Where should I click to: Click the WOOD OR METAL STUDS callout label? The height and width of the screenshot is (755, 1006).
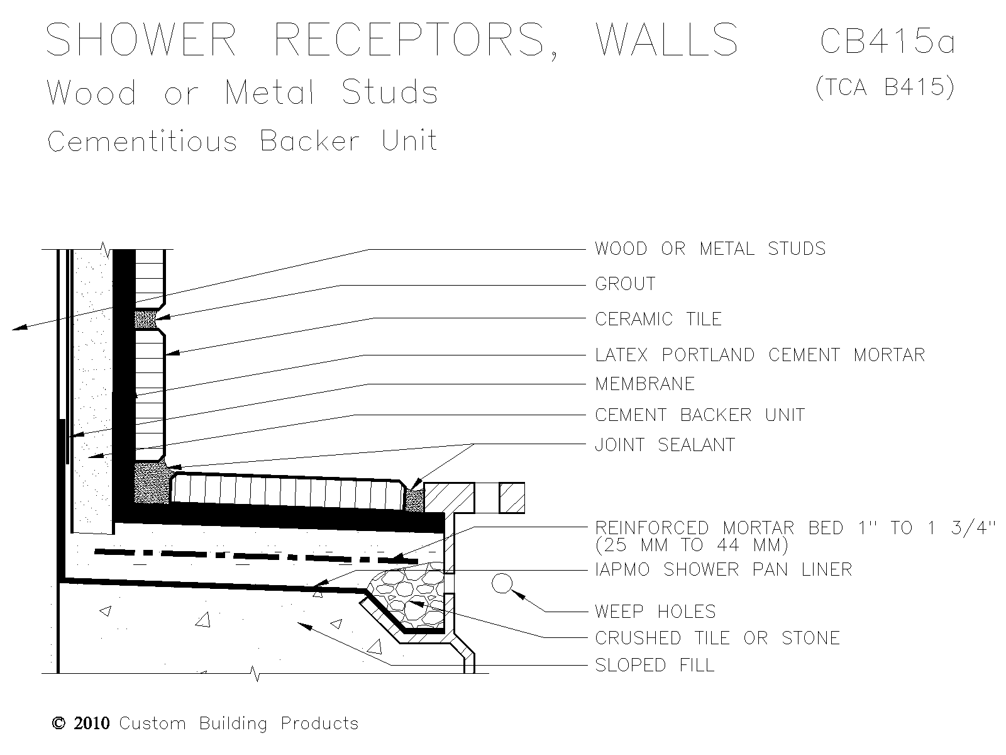[x=710, y=249]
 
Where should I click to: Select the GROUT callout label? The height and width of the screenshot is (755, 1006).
[x=625, y=284]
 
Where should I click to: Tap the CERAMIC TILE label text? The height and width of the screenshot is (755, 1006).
[x=658, y=320]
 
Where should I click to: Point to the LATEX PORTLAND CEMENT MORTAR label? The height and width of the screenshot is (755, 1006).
[x=760, y=355]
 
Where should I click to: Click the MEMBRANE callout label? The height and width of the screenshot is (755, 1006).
[x=644, y=384]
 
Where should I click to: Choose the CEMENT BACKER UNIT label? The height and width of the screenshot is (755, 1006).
[x=700, y=415]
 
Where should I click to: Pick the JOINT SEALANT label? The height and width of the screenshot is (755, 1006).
[x=665, y=445]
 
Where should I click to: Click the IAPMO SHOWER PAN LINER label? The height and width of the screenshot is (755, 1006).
[x=723, y=570]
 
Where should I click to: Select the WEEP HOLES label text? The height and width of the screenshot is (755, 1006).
[x=655, y=612]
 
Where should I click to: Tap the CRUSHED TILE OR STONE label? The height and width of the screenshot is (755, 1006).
[x=717, y=639]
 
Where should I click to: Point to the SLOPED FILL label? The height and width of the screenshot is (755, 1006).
[x=655, y=666]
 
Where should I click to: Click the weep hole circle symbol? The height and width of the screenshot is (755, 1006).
[x=500, y=584]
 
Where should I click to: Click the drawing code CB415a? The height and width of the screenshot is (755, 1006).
[x=887, y=41]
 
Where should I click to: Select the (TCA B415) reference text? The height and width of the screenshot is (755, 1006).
[x=885, y=87]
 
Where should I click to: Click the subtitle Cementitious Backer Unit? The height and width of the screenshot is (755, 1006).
[x=242, y=141]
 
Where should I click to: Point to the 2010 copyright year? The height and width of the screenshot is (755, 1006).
[x=92, y=724]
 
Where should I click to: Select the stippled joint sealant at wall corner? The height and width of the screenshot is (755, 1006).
[x=151, y=483]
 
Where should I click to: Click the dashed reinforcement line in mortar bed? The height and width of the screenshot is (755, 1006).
[x=251, y=556]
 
